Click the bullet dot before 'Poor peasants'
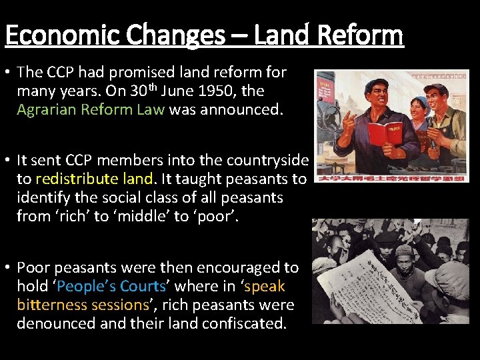coord(7,268)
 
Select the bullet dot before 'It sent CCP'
coord(7,161)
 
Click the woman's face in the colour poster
coord(419,109)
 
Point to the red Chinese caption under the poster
coord(392,178)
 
